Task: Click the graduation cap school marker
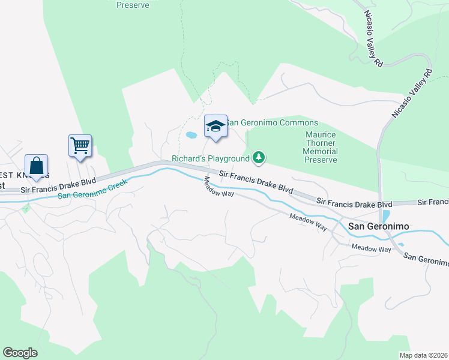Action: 215,127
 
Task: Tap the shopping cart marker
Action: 80,146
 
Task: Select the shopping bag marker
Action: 37,166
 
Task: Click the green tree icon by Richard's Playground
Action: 259,158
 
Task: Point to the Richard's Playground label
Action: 210,158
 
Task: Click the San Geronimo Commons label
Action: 271,123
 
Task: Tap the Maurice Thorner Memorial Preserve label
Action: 320,148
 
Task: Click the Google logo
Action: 20,353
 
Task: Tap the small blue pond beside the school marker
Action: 191,136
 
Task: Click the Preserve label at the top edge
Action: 133,5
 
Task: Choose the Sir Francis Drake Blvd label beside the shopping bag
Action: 58,184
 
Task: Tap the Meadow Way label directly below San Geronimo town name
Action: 371,247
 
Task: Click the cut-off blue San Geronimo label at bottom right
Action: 425,259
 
